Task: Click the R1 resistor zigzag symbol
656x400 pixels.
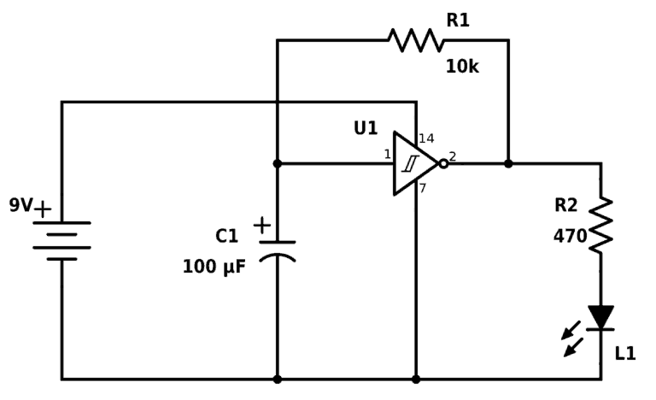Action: [416, 39]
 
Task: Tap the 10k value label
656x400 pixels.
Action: [462, 66]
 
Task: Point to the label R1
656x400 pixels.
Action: [458, 20]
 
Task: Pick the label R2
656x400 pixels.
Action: [566, 205]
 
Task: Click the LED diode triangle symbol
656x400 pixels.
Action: [600, 317]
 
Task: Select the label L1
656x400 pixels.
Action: [625, 353]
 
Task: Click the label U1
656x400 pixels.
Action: [366, 128]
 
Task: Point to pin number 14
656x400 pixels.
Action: [427, 138]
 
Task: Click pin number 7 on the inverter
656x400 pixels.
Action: [424, 187]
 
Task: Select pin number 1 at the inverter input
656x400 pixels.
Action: [387, 154]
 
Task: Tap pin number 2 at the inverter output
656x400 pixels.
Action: [453, 156]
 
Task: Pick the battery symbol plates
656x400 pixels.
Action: [61, 240]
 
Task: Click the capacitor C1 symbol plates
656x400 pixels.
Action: [277, 249]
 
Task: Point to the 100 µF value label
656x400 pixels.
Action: [214, 267]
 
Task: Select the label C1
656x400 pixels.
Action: [226, 237]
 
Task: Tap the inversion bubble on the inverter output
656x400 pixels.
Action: [443, 163]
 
